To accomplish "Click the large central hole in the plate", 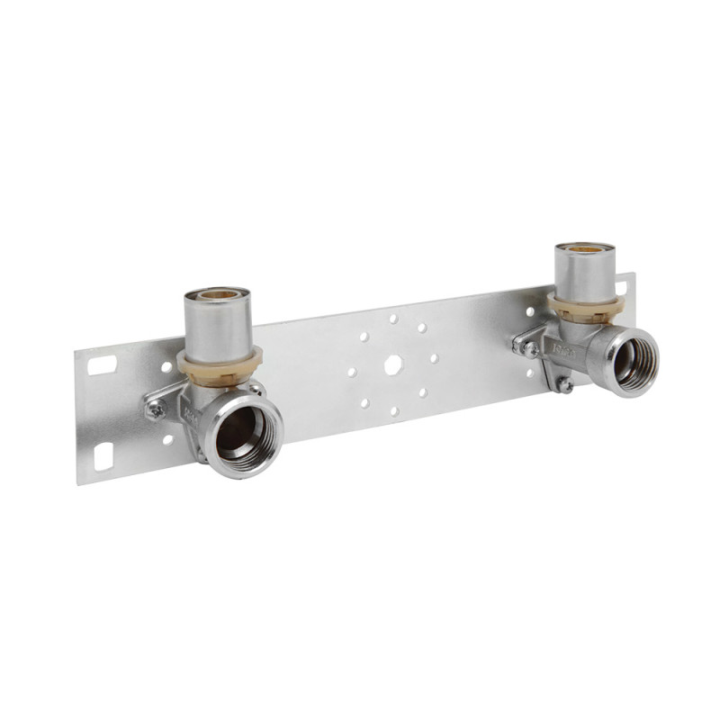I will click(x=393, y=364).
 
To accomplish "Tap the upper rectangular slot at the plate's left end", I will click(x=103, y=364).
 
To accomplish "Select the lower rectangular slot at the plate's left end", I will click(x=102, y=455).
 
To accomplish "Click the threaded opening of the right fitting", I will click(x=635, y=357).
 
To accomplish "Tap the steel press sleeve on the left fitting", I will click(x=217, y=324).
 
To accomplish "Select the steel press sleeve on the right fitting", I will click(x=586, y=272).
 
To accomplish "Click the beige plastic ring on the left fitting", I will click(x=219, y=364).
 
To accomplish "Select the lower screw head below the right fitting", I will click(x=564, y=385).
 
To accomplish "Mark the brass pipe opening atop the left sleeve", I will click(x=216, y=294).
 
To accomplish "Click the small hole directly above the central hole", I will click(x=392, y=319).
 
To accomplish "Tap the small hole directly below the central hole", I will click(x=393, y=411).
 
